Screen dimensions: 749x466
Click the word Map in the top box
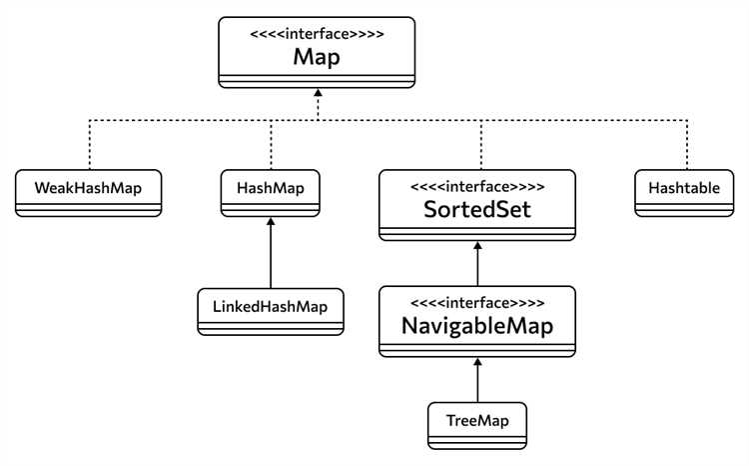click(317, 57)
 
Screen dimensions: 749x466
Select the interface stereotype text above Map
click(317, 34)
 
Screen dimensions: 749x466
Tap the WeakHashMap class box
click(88, 193)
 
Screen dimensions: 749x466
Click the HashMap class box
click(271, 193)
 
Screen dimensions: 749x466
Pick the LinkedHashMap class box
click(271, 311)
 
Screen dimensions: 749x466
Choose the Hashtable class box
click(684, 193)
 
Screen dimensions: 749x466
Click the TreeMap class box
click(477, 425)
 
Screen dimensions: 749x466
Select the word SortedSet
click(477, 210)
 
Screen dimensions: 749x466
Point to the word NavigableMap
click(477, 326)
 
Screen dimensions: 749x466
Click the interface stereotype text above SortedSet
click(477, 186)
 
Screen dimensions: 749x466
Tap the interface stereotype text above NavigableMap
click(477, 303)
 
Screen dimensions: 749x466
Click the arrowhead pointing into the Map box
click(318, 92)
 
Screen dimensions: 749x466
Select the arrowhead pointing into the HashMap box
click(271, 221)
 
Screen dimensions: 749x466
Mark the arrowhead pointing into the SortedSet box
click(477, 245)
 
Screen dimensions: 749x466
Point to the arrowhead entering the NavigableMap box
click(477, 362)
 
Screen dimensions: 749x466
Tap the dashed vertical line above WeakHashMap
click(89, 144)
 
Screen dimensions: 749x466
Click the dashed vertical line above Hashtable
click(687, 144)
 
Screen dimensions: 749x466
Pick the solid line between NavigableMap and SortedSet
click(477, 264)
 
